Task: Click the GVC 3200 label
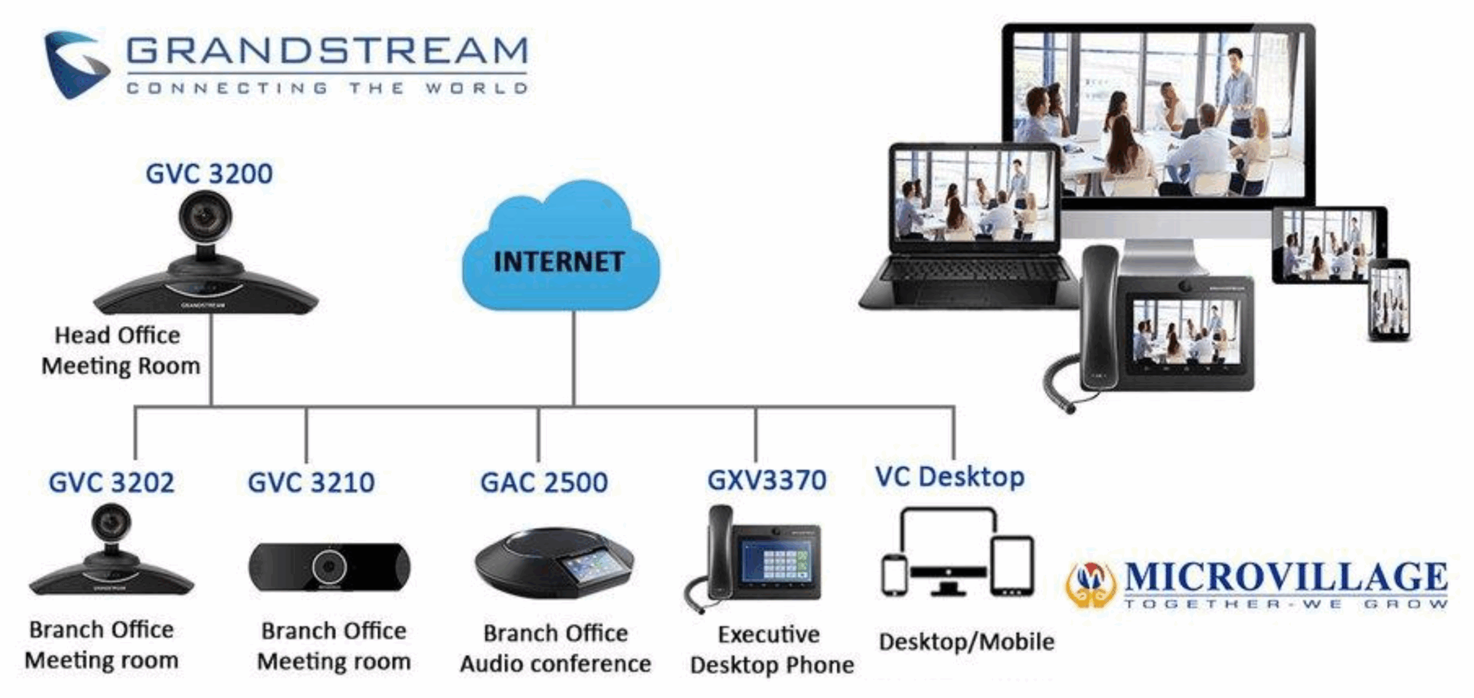pyautogui.click(x=209, y=174)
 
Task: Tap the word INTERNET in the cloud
pyautogui.click(x=559, y=262)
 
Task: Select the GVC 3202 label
pyautogui.click(x=111, y=482)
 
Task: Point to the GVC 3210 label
pyautogui.click(x=311, y=482)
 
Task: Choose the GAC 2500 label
pyautogui.click(x=544, y=482)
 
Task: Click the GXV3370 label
pyautogui.click(x=766, y=480)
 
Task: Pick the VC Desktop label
pyautogui.click(x=949, y=477)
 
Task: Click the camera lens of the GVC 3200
pyautogui.click(x=204, y=218)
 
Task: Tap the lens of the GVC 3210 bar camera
pyautogui.click(x=329, y=567)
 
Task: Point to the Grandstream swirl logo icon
pyautogui.click(x=75, y=63)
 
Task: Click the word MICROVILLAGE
pyautogui.click(x=1285, y=577)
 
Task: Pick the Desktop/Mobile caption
pyautogui.click(x=966, y=642)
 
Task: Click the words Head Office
pyautogui.click(x=117, y=335)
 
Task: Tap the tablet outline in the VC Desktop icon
pyautogui.click(x=1012, y=566)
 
